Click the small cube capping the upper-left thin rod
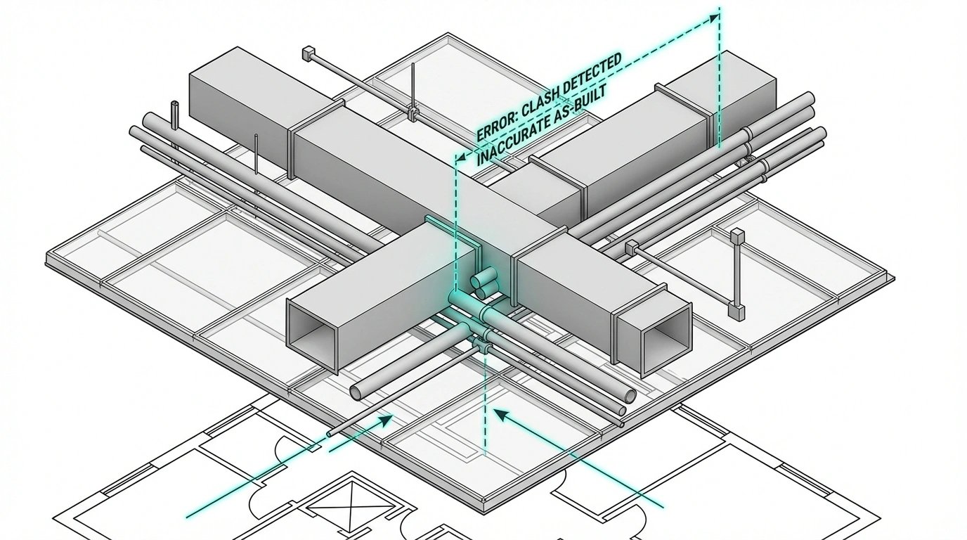(x=306, y=53)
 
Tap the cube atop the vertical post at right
(x=737, y=236)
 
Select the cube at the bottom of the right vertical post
(x=736, y=310)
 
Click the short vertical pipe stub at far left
(x=174, y=111)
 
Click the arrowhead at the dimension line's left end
(x=459, y=158)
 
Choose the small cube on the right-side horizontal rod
(x=630, y=247)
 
